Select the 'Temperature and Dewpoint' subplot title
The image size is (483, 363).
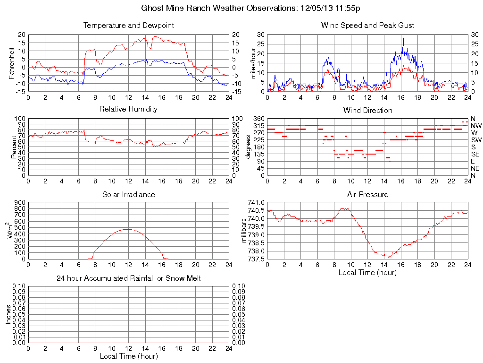(x=128, y=25)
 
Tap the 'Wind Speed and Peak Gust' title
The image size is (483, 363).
(x=367, y=25)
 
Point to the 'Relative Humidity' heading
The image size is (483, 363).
(x=128, y=109)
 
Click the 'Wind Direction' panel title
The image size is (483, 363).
(x=367, y=110)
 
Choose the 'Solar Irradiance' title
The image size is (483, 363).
(x=128, y=194)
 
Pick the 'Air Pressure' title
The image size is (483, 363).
(x=367, y=194)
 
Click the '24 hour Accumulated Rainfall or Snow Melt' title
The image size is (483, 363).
(x=128, y=278)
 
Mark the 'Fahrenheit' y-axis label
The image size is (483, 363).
(x=11, y=63)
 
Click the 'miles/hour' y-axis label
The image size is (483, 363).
(x=253, y=63)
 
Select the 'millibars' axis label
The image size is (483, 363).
(x=244, y=231)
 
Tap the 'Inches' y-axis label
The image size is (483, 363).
(x=8, y=314)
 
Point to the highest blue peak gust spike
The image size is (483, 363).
(x=403, y=37)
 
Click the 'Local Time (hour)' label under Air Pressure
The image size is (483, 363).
(x=367, y=273)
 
